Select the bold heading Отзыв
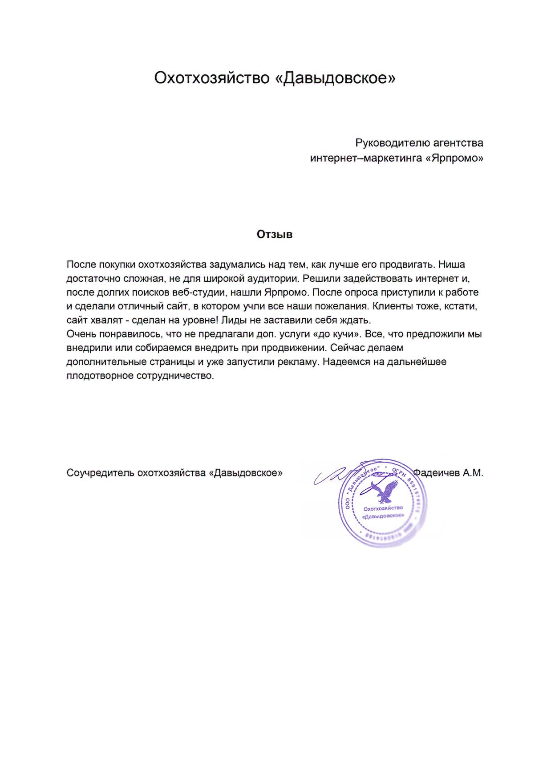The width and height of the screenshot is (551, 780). [x=275, y=235]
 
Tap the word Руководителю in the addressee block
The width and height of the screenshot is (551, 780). [x=392, y=143]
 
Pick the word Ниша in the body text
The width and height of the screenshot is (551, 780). [x=452, y=264]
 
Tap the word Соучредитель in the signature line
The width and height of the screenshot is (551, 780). [x=100, y=473]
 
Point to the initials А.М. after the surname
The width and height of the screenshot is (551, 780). [x=473, y=473]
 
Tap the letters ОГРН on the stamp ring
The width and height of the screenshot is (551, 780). [x=399, y=473]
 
